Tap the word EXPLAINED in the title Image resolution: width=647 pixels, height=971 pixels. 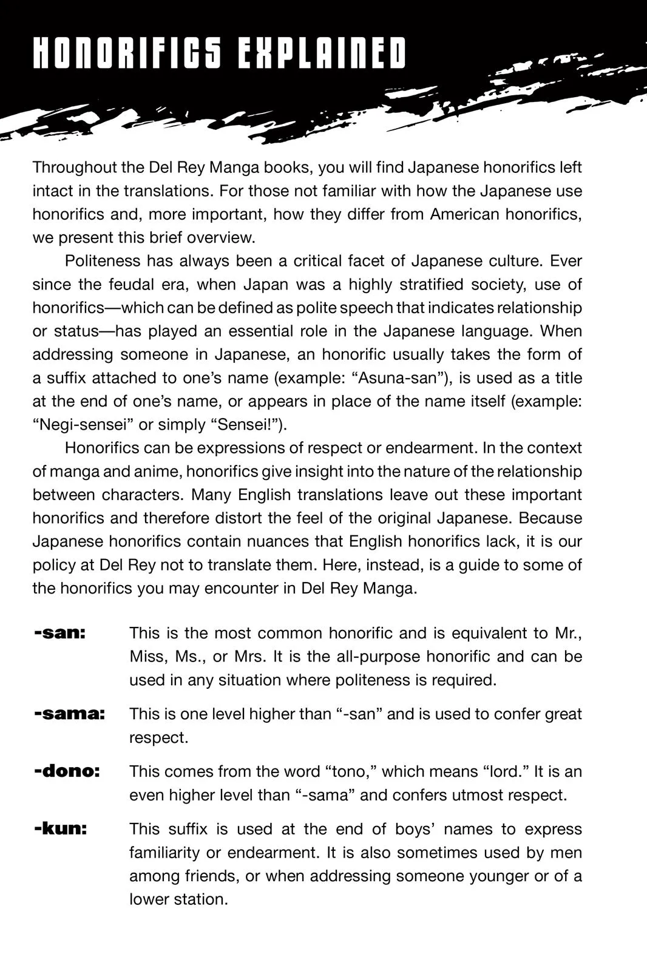pos(322,53)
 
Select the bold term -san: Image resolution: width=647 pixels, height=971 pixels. pos(60,633)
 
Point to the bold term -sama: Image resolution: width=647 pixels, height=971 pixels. pos(69,714)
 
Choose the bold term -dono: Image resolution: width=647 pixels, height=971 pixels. pos(67,771)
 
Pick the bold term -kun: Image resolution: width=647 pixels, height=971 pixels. pos(61,829)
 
